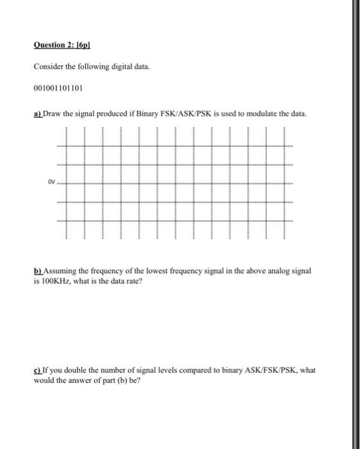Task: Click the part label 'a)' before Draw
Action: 37,114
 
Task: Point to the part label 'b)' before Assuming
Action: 37,271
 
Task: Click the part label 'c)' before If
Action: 37,370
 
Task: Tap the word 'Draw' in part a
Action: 53,114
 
